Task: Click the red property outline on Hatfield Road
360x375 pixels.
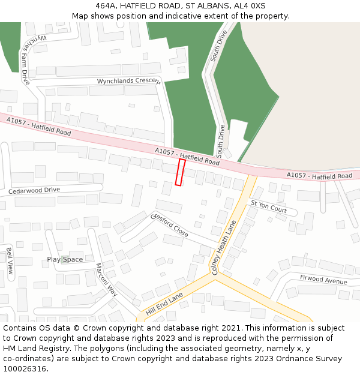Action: (x=180, y=172)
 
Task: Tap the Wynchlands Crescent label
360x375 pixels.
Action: (x=128, y=81)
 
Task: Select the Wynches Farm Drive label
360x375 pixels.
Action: (x=24, y=59)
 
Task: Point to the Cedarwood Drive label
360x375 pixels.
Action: (x=34, y=190)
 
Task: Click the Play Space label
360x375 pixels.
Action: (x=65, y=259)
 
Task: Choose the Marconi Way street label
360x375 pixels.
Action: (x=107, y=280)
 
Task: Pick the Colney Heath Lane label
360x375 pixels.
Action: (x=224, y=247)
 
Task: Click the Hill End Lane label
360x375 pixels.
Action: (x=164, y=305)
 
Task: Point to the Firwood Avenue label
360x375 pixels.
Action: (x=323, y=280)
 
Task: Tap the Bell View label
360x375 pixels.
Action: (x=10, y=261)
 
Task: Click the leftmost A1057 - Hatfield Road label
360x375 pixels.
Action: (x=38, y=126)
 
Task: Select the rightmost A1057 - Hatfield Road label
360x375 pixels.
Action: (x=319, y=176)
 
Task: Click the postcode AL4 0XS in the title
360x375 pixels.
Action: (x=250, y=6)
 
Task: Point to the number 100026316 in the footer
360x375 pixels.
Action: (x=26, y=368)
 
